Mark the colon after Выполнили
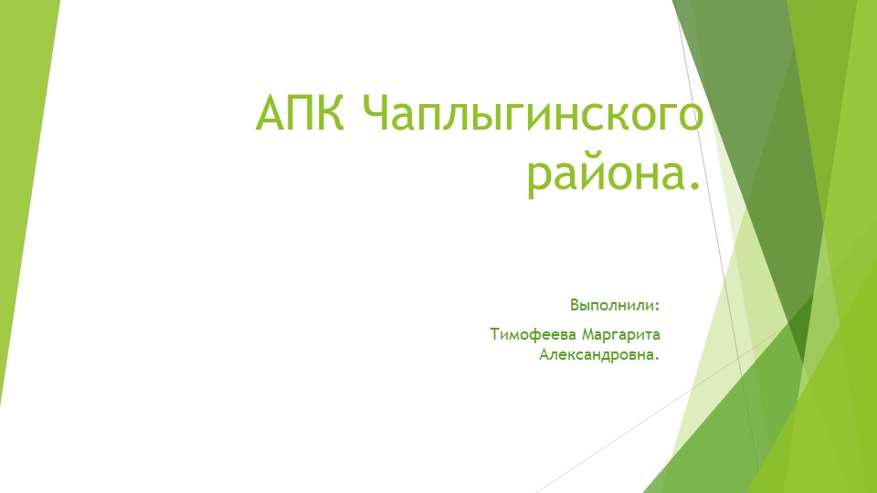point(657,306)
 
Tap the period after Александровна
point(657,357)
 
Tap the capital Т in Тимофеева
point(495,334)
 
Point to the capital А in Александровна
point(544,353)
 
